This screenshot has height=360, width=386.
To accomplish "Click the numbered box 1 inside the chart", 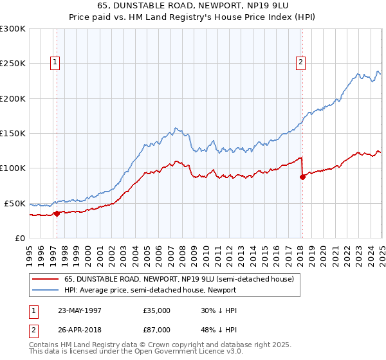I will pos(56,62).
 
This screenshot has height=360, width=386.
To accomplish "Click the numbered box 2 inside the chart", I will pos(300,62).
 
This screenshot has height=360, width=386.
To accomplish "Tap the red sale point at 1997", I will pos(57,213).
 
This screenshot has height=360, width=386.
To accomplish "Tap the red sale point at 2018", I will pos(302,177).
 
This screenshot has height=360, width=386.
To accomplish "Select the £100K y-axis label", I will pos(13,168).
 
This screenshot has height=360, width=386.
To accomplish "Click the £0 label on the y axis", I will pos(19,238).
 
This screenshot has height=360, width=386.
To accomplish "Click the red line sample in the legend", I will pos(45,279).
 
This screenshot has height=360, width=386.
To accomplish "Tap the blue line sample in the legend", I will pos(45,290).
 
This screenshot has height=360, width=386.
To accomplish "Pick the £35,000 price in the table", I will pos(156,310).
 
